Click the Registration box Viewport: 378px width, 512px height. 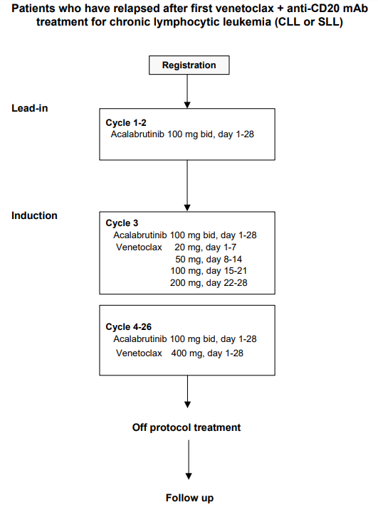[x=189, y=65]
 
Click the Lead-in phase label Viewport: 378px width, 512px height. [x=30, y=108]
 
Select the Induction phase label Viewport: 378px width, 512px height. [x=34, y=215]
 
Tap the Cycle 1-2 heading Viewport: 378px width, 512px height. [x=126, y=123]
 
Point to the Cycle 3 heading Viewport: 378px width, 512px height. [x=122, y=223]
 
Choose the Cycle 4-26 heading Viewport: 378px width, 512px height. [x=129, y=327]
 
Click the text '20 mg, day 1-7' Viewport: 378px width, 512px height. [x=205, y=247]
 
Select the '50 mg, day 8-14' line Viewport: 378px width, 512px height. [x=209, y=260]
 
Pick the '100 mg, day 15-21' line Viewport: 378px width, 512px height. [x=209, y=271]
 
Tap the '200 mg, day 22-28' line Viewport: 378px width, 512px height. [x=209, y=283]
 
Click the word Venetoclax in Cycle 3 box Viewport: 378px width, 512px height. [x=139, y=247]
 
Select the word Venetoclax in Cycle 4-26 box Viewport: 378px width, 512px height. [x=139, y=353]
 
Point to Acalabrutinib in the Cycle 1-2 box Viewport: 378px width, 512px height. [x=137, y=134]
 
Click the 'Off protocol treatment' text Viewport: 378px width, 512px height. [x=187, y=427]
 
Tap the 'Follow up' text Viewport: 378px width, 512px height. [x=189, y=498]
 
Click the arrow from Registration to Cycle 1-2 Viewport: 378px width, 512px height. [x=187, y=92]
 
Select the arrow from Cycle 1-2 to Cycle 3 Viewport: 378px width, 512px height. [x=187, y=186]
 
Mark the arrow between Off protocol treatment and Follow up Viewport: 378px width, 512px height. [x=189, y=460]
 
